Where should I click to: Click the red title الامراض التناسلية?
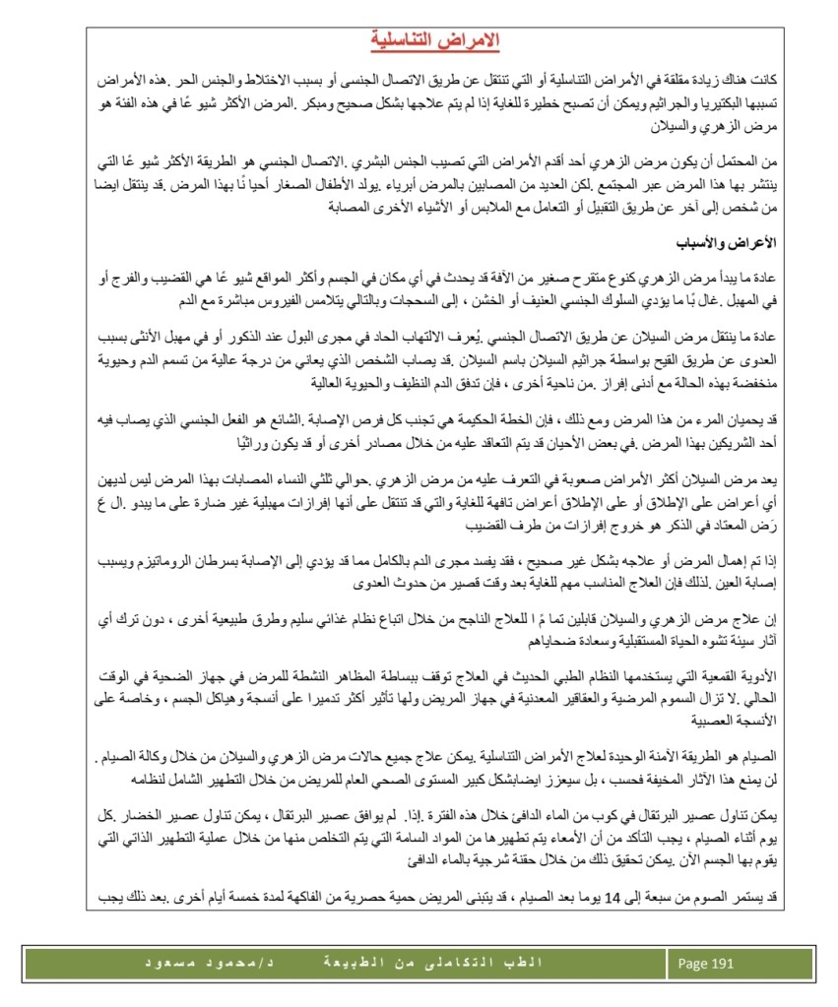435,40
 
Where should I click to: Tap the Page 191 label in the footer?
706,964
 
